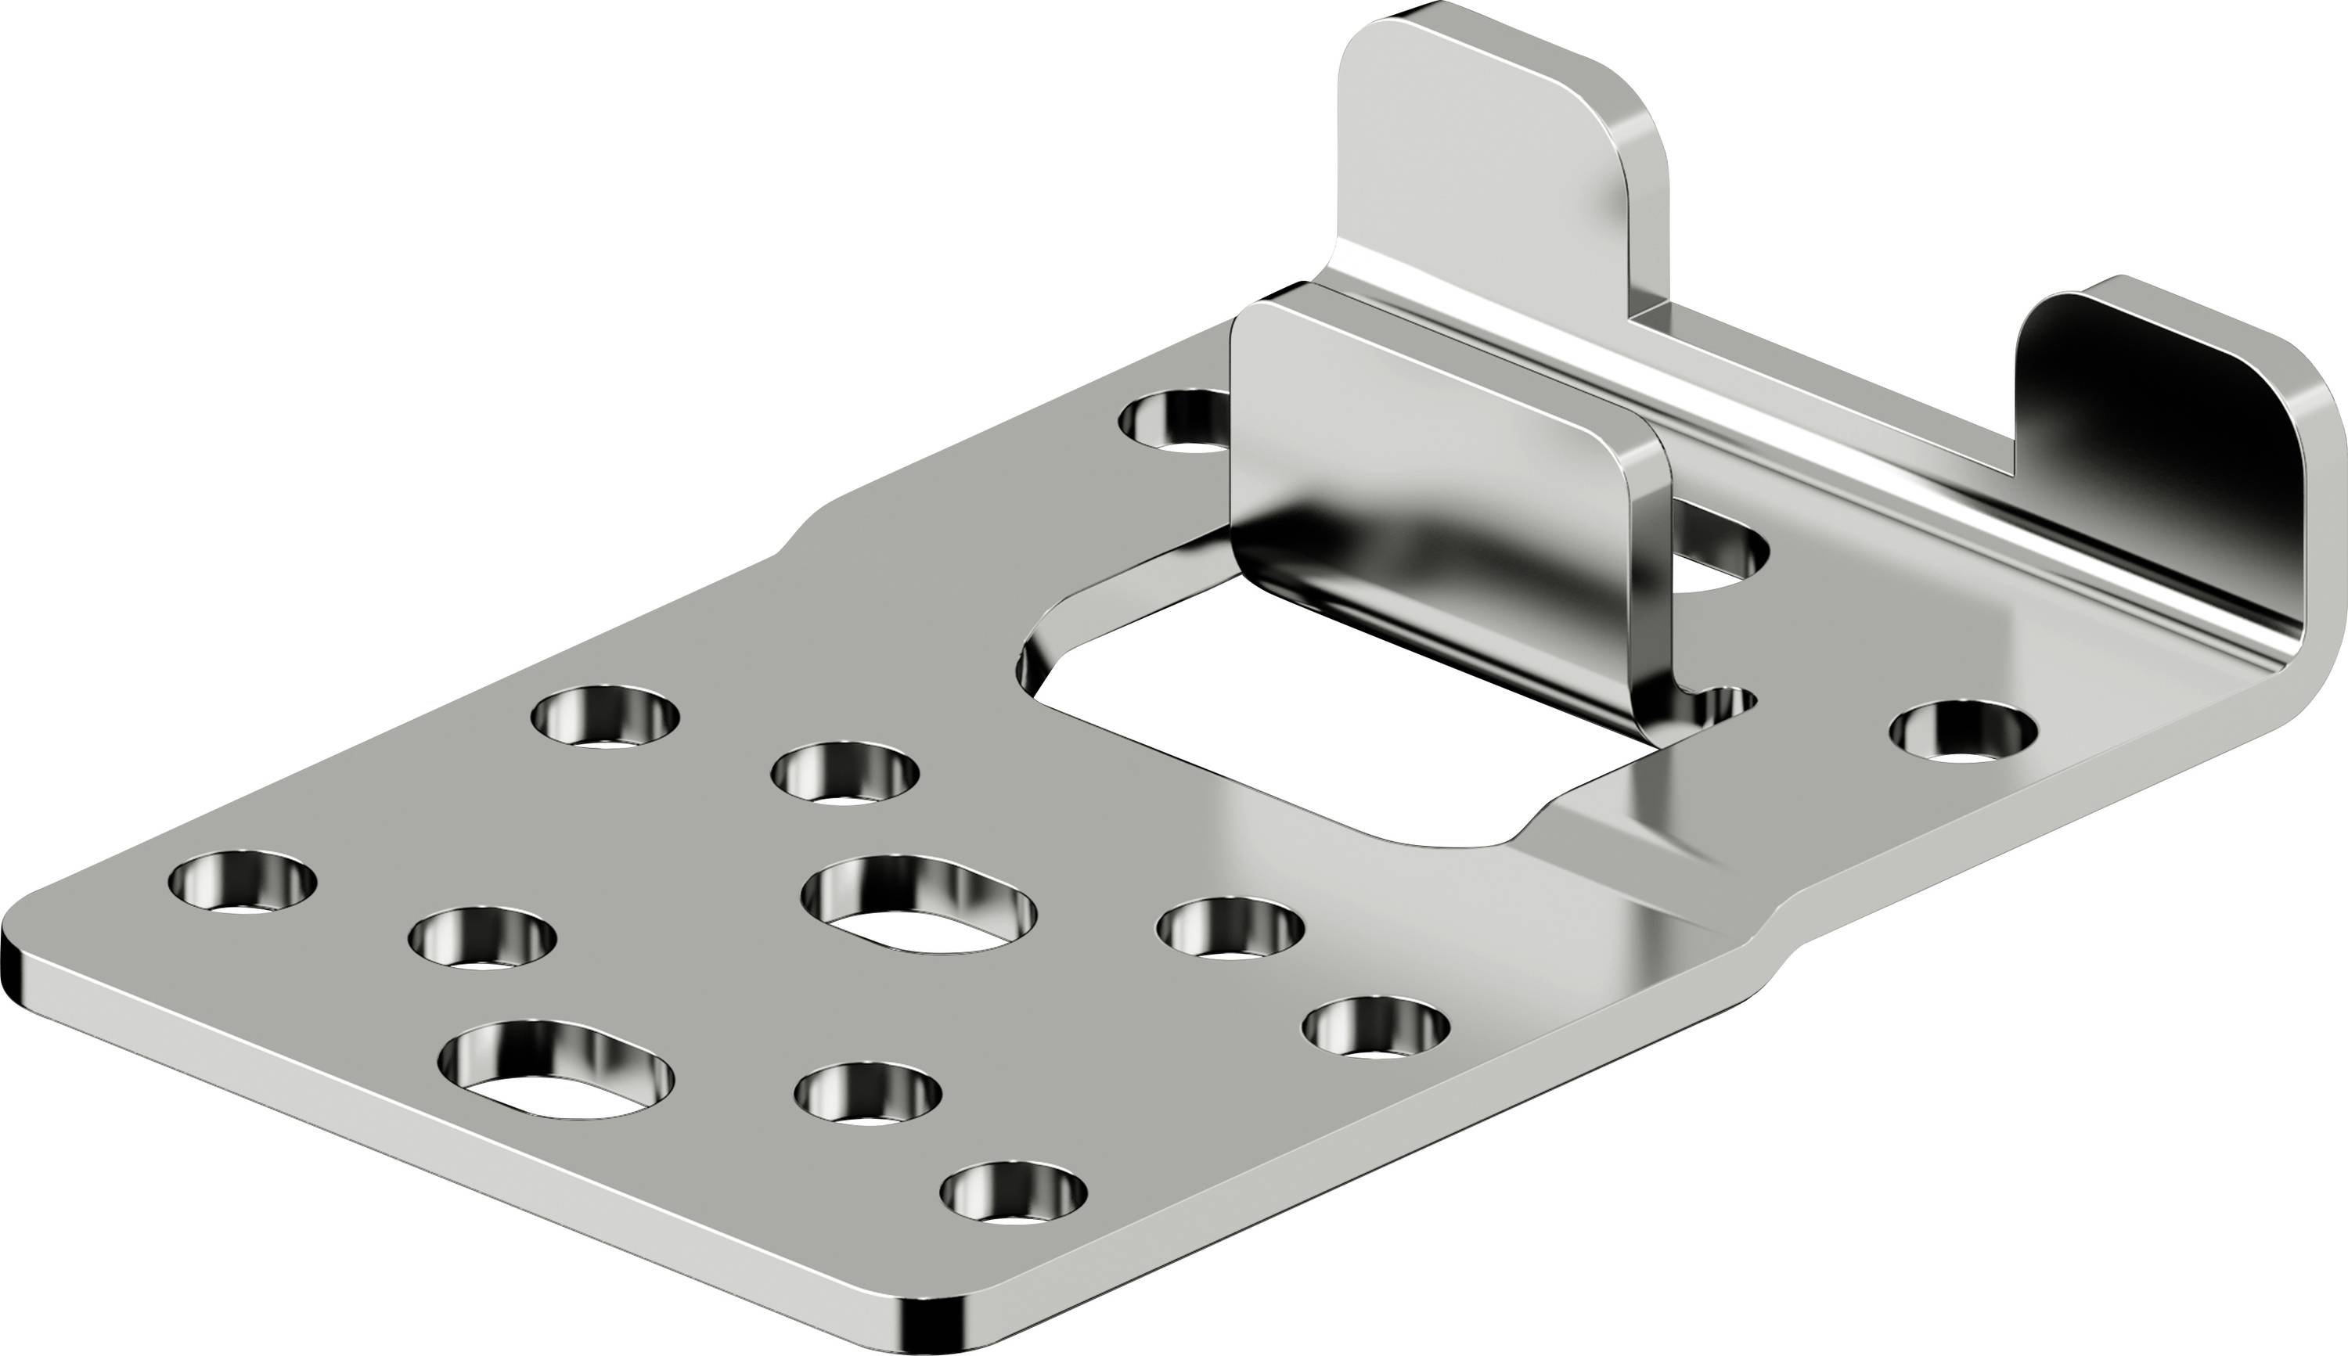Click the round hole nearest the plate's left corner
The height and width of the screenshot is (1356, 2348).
[242, 880]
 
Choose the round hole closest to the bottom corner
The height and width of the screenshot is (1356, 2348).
[1014, 1192]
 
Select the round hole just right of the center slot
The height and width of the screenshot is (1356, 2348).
[1230, 926]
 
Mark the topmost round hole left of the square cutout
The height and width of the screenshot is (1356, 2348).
[606, 717]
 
